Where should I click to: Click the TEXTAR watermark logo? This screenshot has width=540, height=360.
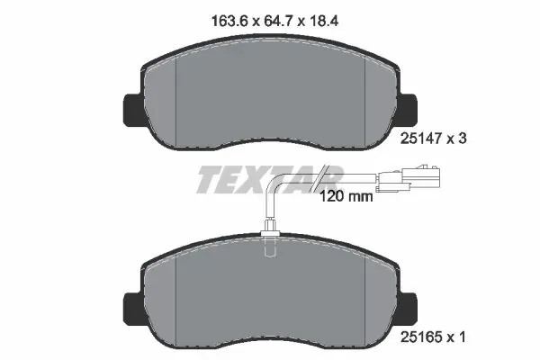pos(268,178)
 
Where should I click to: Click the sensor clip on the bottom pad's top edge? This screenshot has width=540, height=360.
pos(270,237)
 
